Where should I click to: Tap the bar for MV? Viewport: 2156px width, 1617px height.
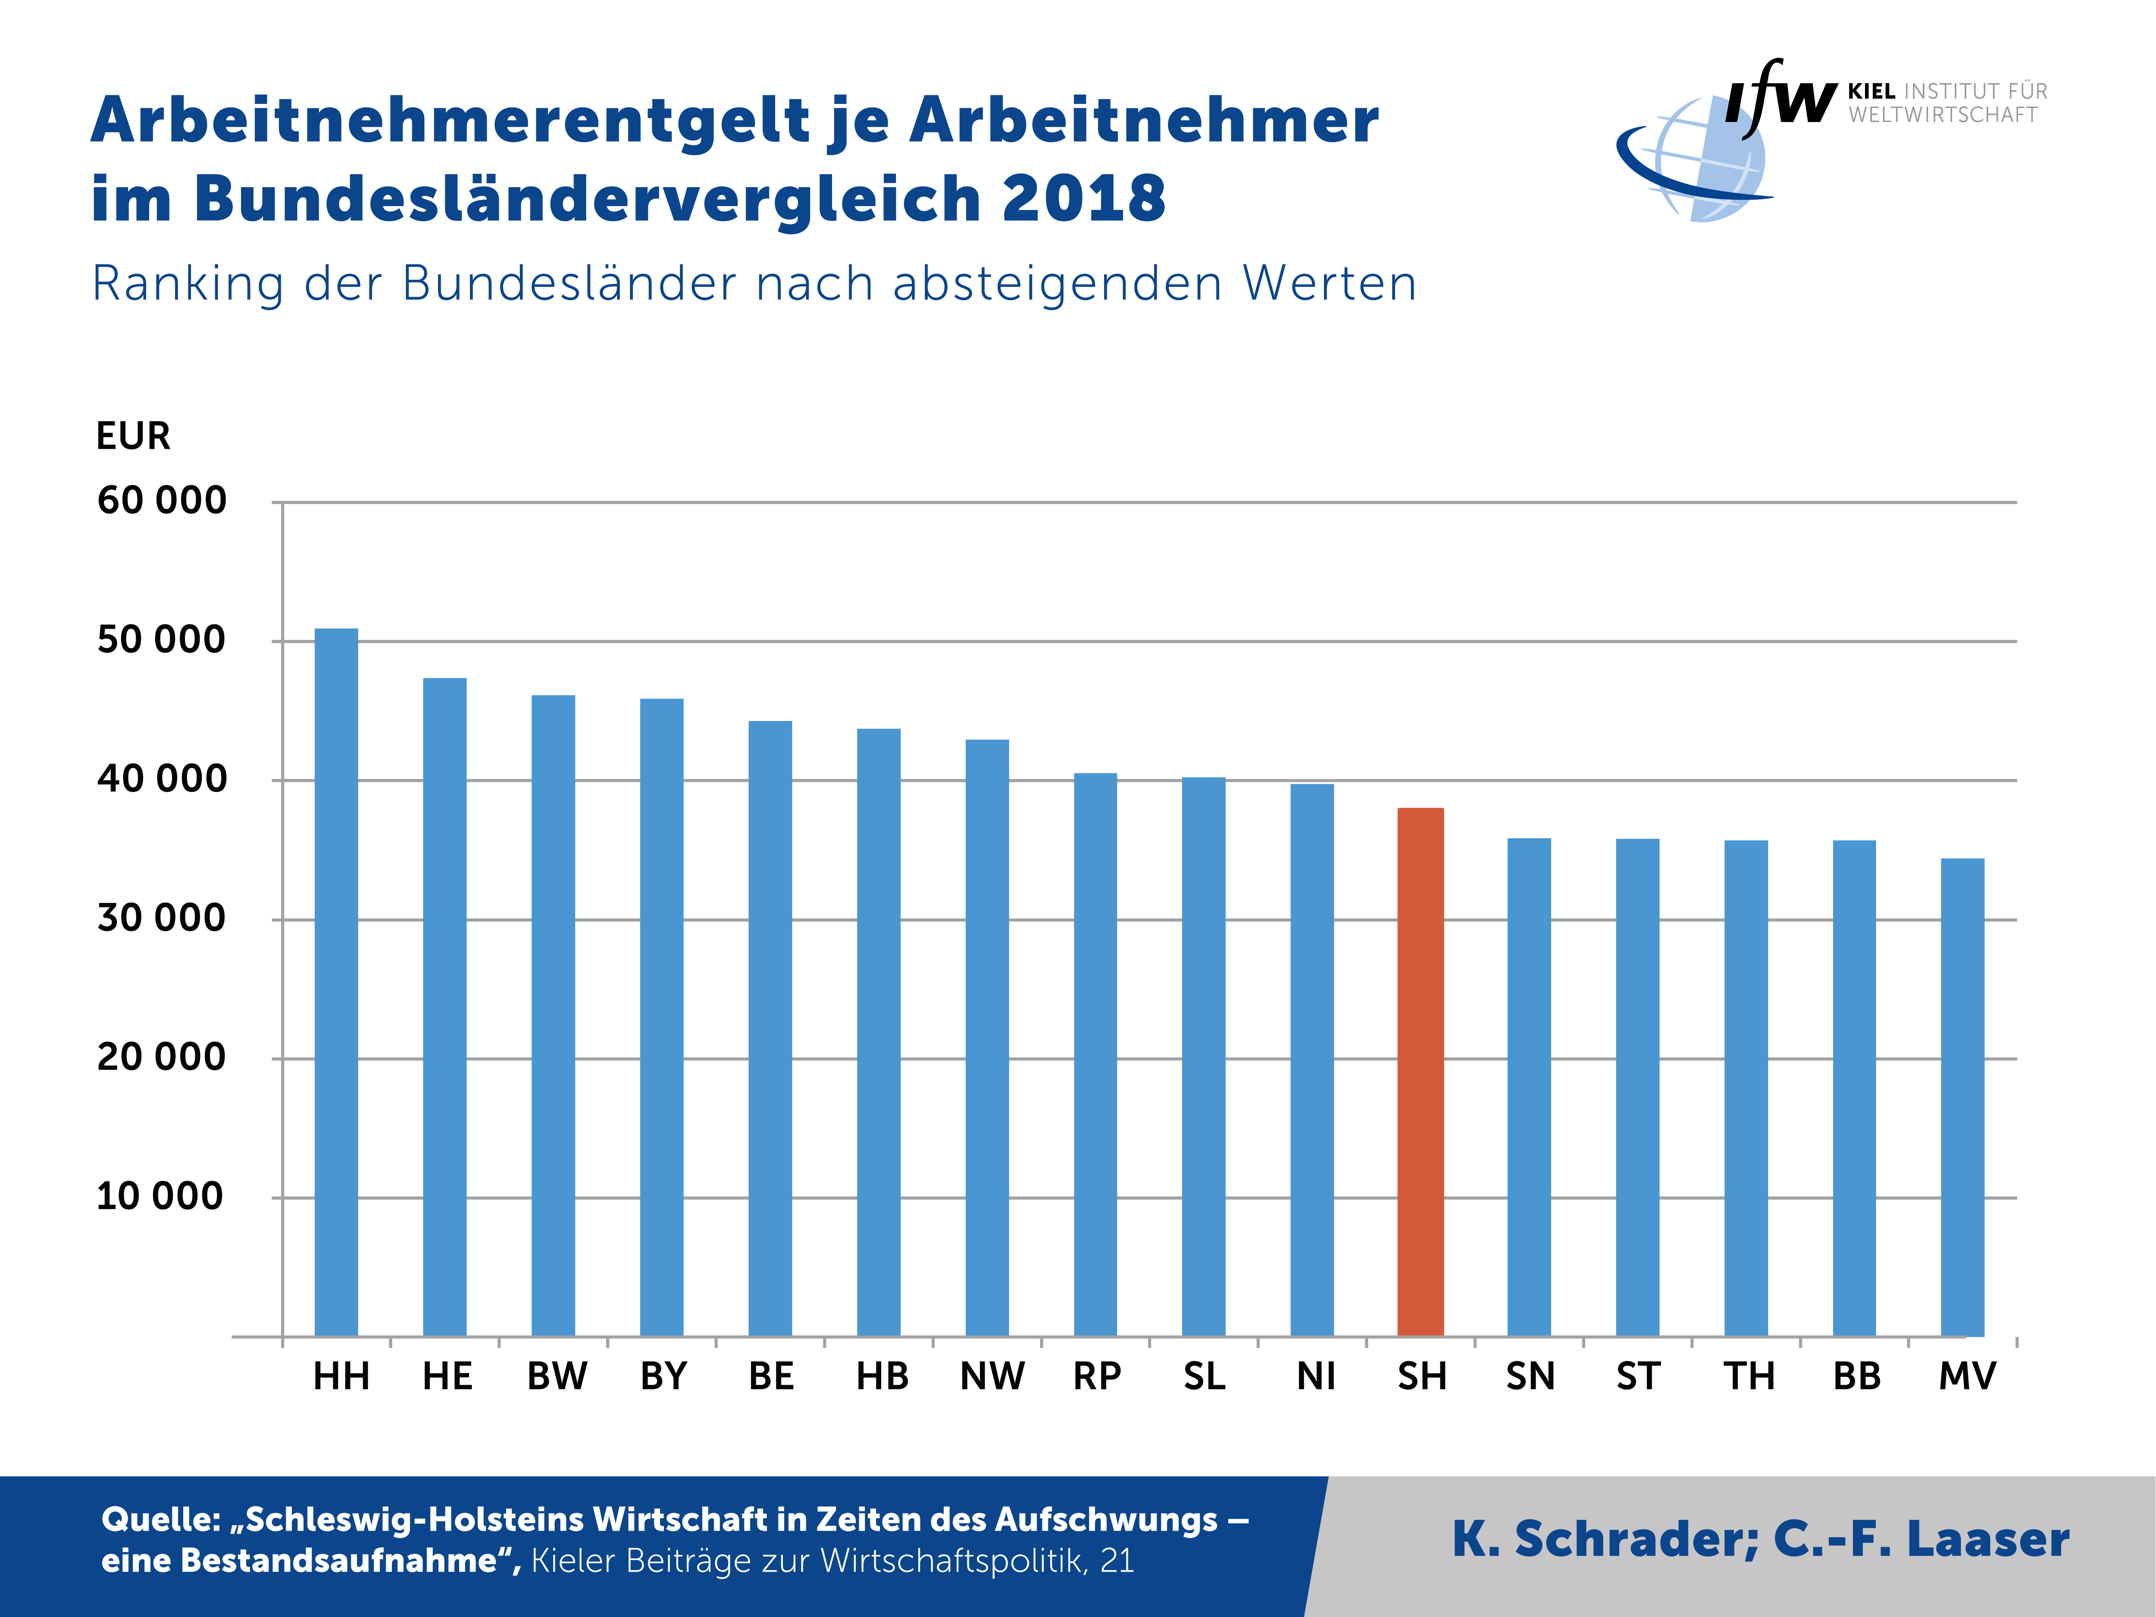pyautogui.click(x=1962, y=1097)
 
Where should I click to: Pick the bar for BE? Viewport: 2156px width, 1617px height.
pyautogui.click(x=770, y=1028)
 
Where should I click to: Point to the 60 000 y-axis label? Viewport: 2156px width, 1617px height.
pyautogui.click(x=162, y=501)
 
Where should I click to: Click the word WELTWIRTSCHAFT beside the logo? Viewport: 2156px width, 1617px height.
pyautogui.click(x=1943, y=115)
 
